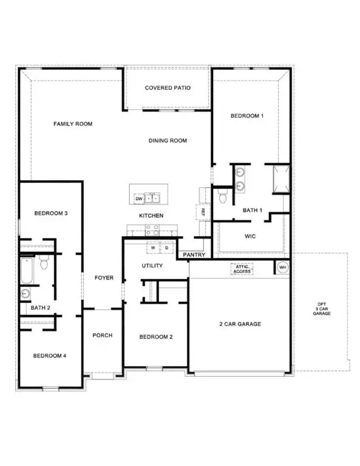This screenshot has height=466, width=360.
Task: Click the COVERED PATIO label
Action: tap(168, 88)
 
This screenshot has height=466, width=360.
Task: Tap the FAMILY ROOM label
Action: tap(72, 124)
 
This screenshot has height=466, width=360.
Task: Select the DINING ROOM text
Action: tap(168, 141)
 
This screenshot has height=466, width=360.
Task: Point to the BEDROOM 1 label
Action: tap(247, 115)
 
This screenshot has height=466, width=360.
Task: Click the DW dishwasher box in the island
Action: tap(138, 198)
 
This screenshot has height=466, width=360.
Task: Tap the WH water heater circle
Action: tap(282, 267)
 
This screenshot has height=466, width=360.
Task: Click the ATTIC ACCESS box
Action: tap(242, 268)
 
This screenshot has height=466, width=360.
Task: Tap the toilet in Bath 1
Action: tap(222, 197)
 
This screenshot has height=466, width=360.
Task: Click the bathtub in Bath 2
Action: tap(25, 271)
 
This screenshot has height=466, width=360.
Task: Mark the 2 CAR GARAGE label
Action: tap(240, 324)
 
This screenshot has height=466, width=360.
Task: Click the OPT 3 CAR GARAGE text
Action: tap(321, 308)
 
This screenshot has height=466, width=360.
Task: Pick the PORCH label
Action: tap(103, 336)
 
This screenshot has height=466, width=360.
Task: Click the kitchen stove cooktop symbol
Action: tap(152, 229)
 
